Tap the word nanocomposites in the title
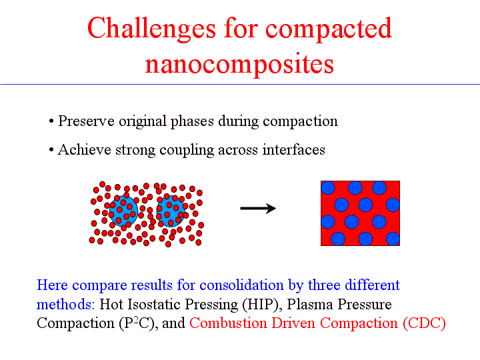239,64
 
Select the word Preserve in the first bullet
86,121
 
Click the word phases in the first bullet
192,121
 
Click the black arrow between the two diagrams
258,209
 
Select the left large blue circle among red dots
124,211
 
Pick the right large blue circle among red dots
171,211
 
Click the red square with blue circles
360,213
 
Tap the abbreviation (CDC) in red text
424,323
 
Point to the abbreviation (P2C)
139,323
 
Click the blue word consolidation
241,285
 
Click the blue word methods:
66,305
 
